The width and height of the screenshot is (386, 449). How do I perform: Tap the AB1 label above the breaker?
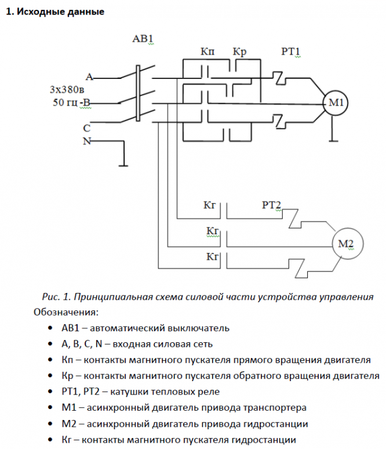point(143,39)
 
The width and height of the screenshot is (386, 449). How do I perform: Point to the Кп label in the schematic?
point(207,52)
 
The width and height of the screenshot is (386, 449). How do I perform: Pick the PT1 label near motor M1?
point(290,52)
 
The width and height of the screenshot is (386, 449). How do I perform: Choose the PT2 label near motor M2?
point(271,205)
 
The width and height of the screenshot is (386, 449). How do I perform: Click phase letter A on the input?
point(89,77)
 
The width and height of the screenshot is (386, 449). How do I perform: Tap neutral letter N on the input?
point(86,141)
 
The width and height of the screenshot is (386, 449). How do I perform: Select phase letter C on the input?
point(86,128)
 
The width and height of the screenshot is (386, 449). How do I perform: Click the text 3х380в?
point(67,90)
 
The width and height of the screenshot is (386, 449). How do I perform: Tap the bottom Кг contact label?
point(212,256)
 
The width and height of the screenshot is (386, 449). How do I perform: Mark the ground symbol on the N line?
point(124,165)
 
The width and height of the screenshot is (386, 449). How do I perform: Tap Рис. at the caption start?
point(52,296)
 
